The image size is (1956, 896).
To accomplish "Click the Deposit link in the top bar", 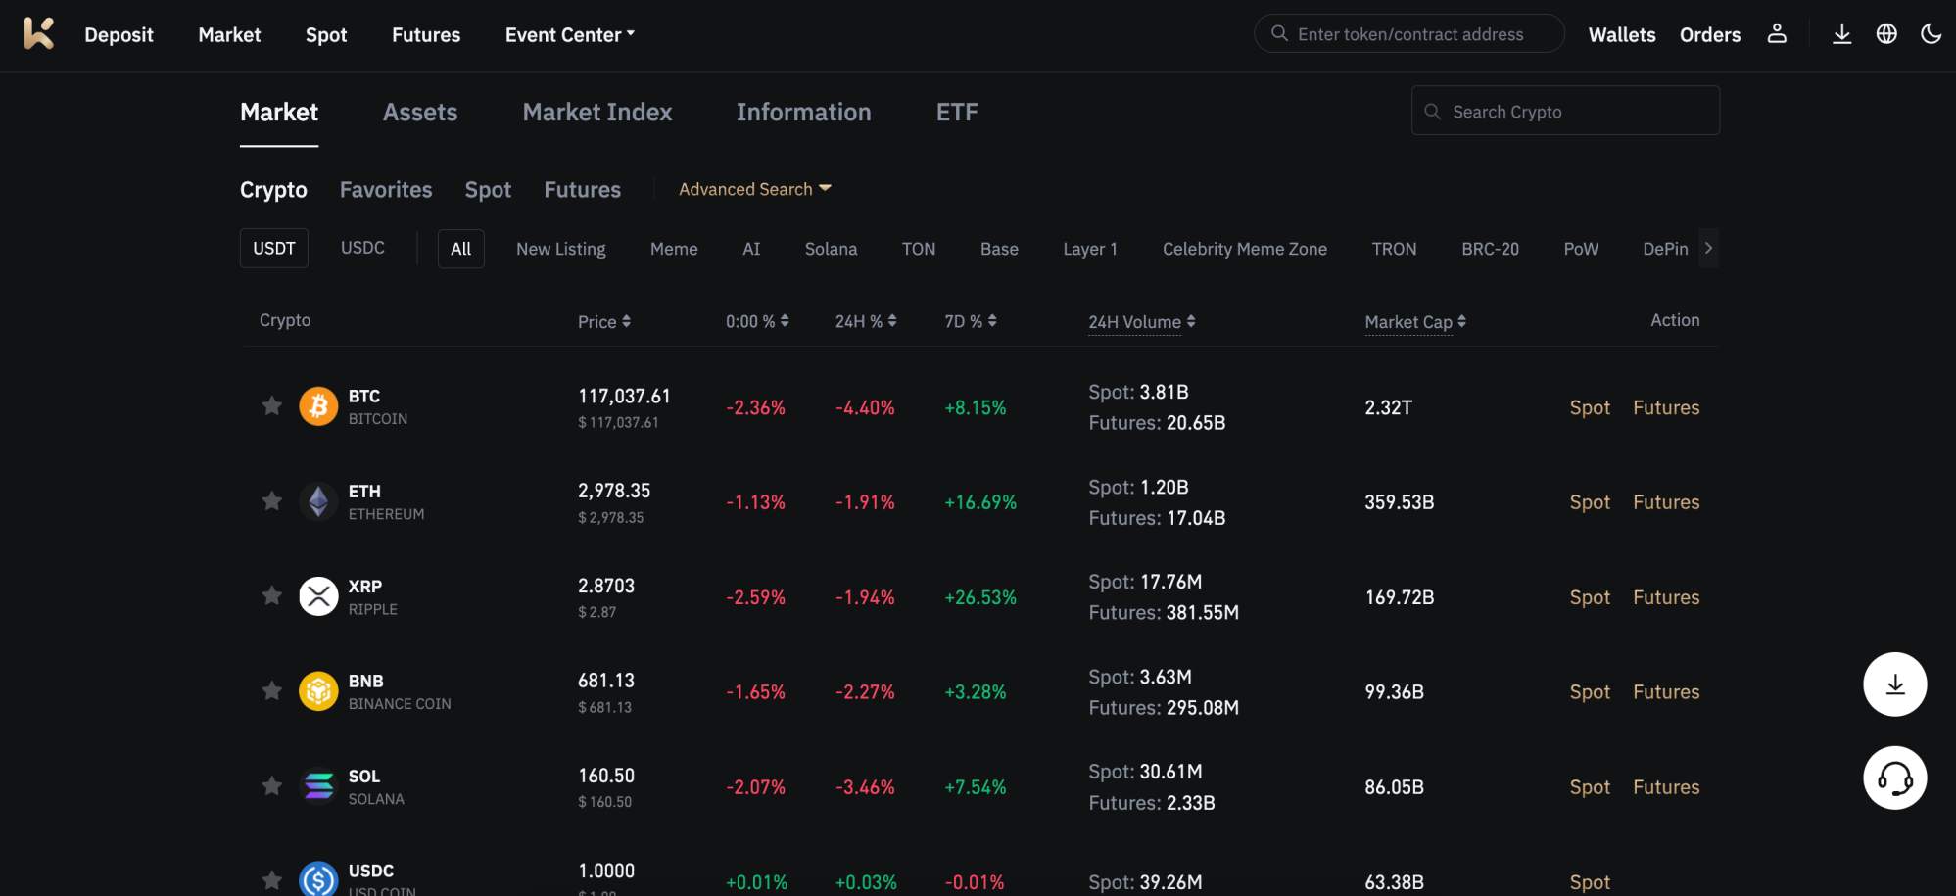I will click(x=119, y=35).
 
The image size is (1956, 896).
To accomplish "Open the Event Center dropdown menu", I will click(x=569, y=35).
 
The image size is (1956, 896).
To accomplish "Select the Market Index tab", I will click(x=596, y=113).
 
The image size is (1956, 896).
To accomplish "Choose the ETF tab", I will click(x=956, y=113).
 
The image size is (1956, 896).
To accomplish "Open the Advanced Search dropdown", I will click(x=754, y=189).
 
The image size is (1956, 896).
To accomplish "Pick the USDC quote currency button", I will click(x=362, y=248).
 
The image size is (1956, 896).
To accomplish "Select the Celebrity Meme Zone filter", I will click(x=1244, y=249).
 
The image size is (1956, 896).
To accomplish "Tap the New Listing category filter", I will click(x=560, y=249).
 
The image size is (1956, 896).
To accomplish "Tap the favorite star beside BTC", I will click(x=271, y=406).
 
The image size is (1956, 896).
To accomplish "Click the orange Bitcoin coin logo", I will click(x=318, y=406).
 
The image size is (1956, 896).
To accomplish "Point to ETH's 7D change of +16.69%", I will click(x=979, y=502).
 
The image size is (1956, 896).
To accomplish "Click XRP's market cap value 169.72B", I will click(x=1399, y=597).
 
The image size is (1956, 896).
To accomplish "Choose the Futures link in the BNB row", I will click(x=1665, y=692).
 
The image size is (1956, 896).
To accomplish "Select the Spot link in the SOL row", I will click(x=1589, y=787).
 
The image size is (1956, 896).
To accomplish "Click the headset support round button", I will click(x=1894, y=778).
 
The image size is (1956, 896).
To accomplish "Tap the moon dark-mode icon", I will click(x=1931, y=34).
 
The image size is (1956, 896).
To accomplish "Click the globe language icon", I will click(x=1886, y=34).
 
